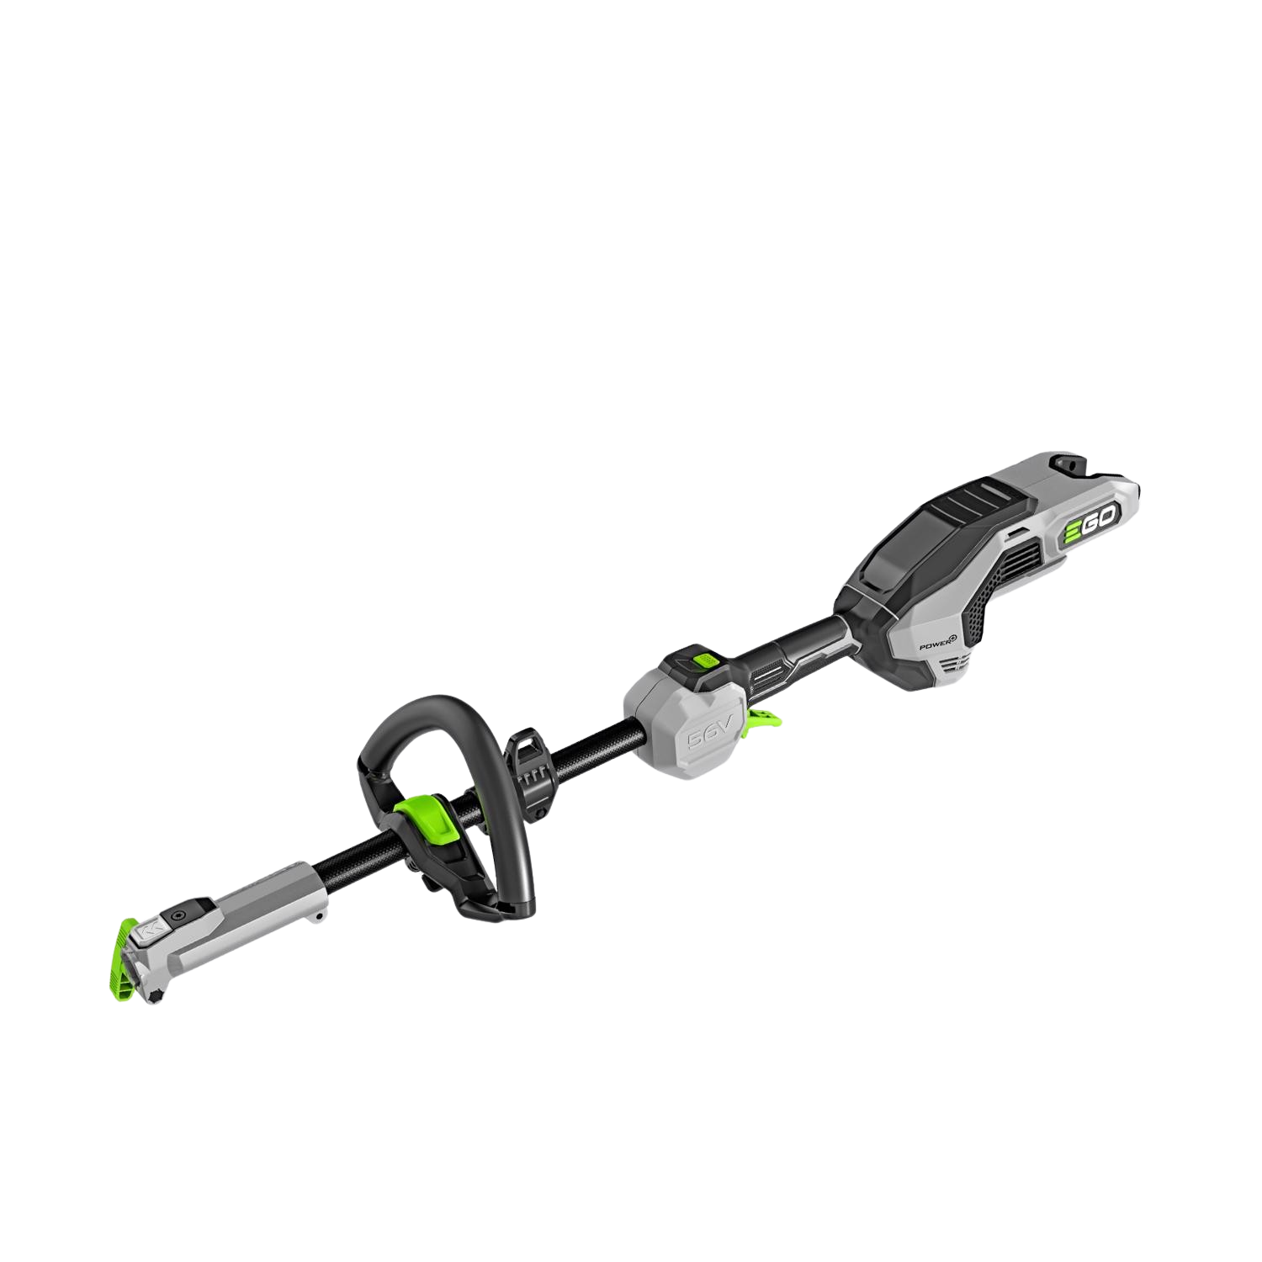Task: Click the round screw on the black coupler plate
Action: tap(178, 915)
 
